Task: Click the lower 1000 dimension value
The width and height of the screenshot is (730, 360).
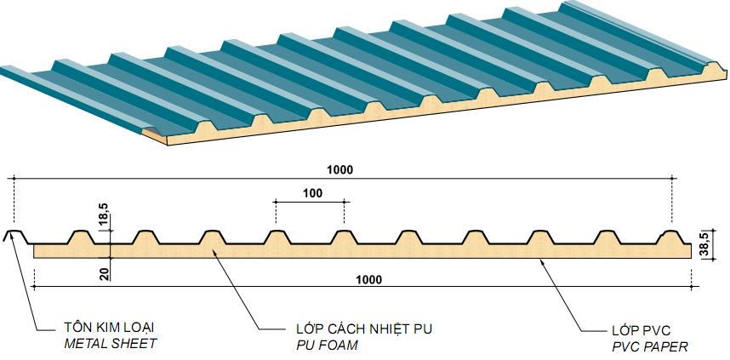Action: pos(368,279)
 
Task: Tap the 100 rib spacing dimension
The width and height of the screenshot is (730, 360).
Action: pos(311,193)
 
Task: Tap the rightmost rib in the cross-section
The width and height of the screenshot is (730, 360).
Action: pos(672,237)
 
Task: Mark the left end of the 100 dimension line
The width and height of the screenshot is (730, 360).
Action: pos(276,201)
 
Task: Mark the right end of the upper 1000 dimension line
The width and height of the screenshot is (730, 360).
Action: pos(672,179)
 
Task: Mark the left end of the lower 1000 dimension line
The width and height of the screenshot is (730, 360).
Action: pos(33,287)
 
